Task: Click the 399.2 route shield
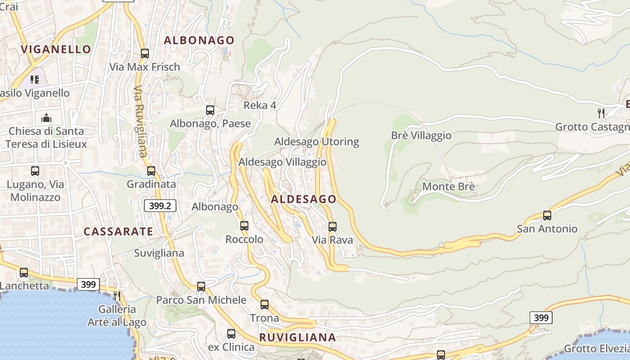point(160,206)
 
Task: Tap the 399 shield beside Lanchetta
point(89,284)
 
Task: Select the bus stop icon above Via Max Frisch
point(145,54)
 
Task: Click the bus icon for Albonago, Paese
point(210,110)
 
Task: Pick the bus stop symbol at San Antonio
point(547,215)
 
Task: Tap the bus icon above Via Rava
point(333,226)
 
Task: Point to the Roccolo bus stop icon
point(244,226)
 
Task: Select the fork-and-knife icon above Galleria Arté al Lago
point(117,296)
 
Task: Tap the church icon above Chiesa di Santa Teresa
point(46,118)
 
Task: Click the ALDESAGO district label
point(304,199)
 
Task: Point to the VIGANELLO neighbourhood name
point(56,49)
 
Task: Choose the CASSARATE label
point(118,232)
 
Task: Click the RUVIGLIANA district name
point(298,337)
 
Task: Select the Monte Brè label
point(449,186)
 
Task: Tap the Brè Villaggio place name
point(421,135)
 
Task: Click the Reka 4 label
point(260,105)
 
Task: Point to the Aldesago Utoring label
point(317,142)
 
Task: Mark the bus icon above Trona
point(265,305)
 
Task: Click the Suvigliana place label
point(159,253)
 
